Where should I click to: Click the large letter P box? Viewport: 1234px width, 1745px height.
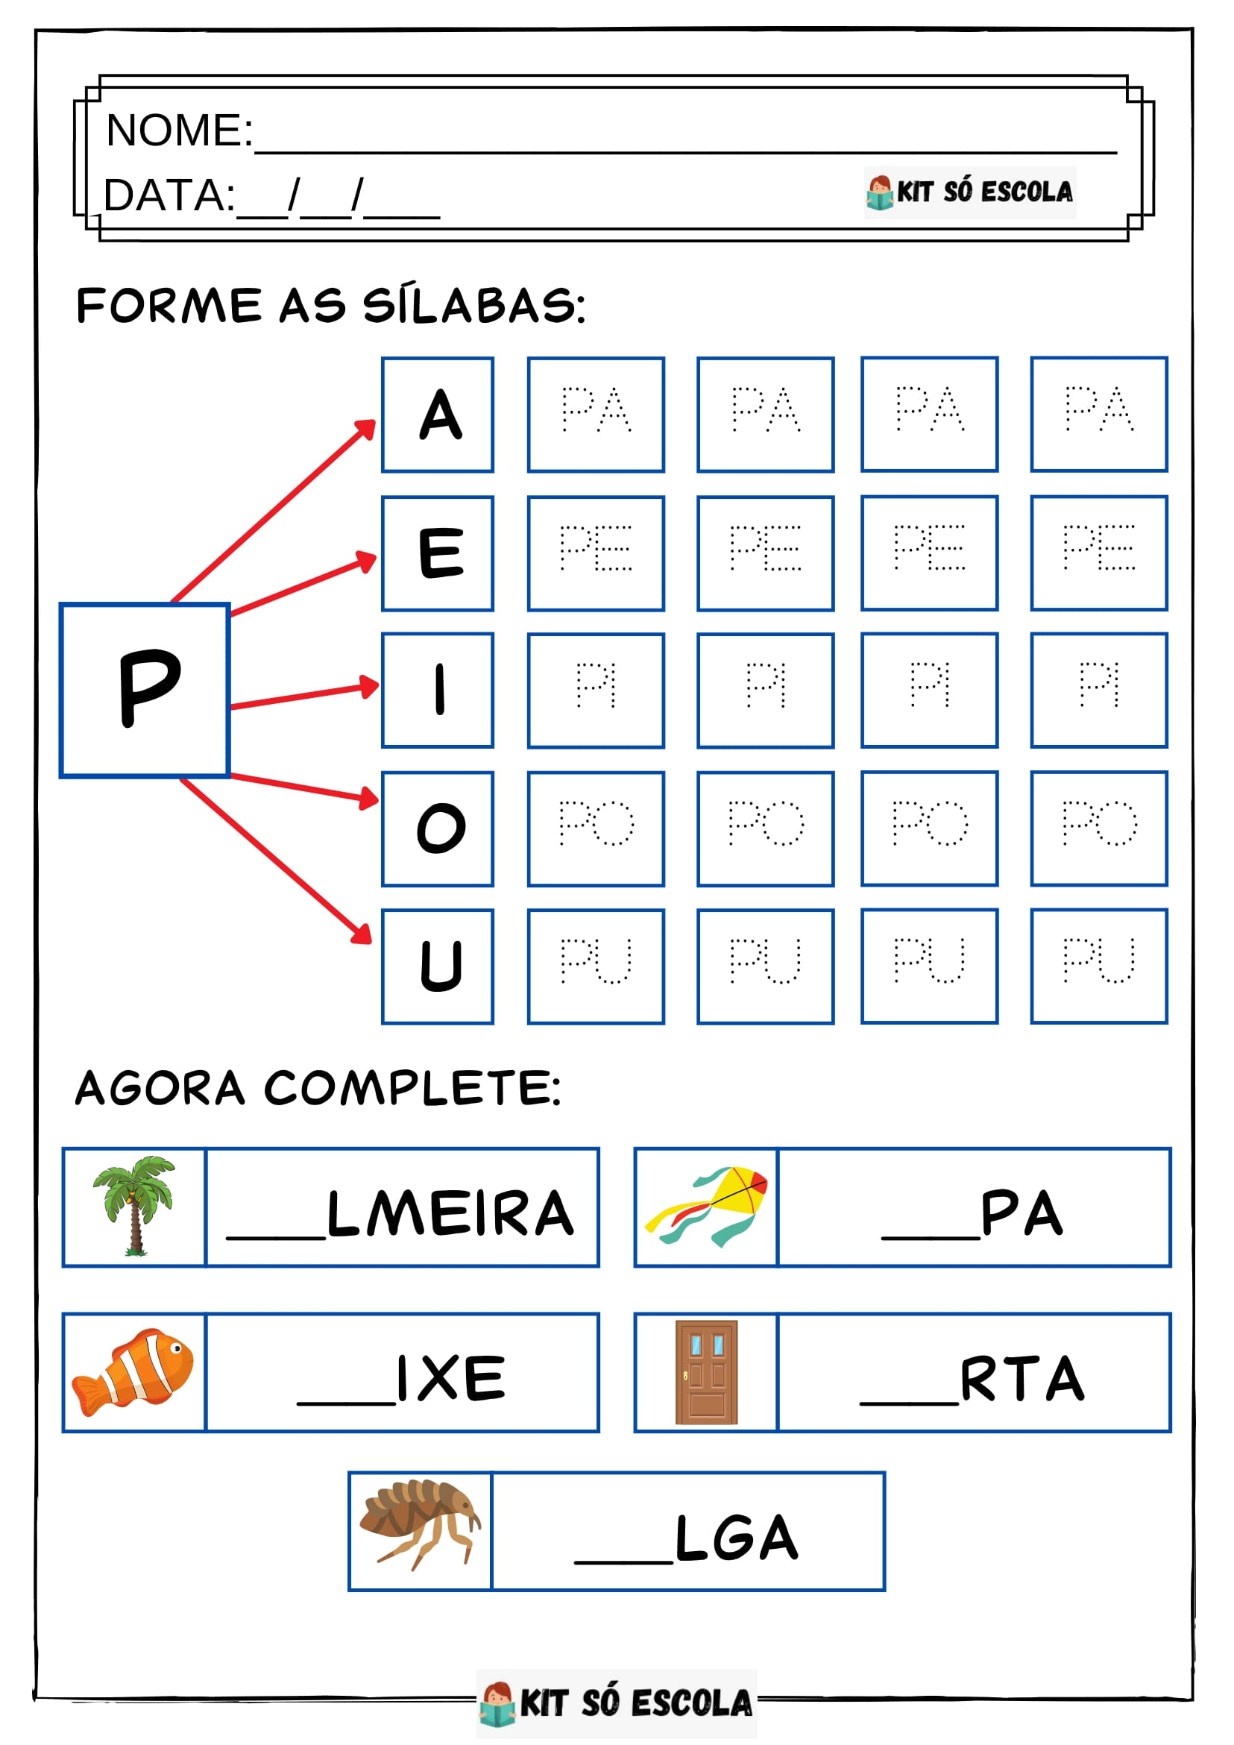point(145,690)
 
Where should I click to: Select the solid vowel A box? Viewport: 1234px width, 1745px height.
point(438,414)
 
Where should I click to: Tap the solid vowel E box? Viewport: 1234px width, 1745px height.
point(438,553)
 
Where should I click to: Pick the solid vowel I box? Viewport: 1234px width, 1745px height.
point(438,690)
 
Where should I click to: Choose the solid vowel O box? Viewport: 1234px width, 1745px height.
point(438,829)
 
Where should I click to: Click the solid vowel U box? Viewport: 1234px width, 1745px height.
point(438,966)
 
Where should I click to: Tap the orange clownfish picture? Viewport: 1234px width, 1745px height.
point(133,1372)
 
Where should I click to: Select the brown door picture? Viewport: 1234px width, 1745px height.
point(707,1372)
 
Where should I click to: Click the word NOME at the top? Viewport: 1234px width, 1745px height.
point(178,130)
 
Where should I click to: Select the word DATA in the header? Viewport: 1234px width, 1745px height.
point(169,195)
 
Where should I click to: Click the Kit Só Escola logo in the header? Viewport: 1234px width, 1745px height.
point(969,192)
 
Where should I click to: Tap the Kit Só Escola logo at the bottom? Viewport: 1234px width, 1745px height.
point(616,1703)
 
